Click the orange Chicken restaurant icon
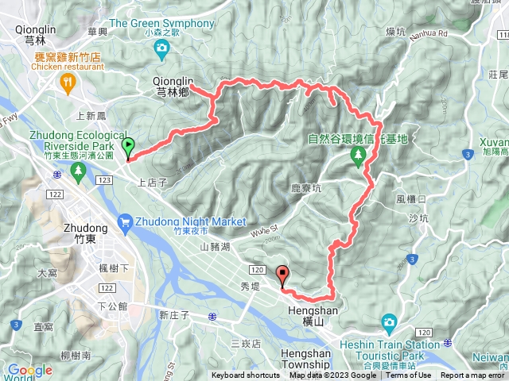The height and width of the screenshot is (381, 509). click(x=71, y=81)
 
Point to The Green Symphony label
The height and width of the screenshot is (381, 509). click(x=161, y=24)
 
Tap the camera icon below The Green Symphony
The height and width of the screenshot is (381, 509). click(x=162, y=50)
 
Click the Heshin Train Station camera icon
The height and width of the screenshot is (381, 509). click(x=389, y=322)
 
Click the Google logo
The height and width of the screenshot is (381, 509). click(x=30, y=370)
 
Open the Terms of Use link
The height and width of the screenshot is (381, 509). click(x=409, y=375)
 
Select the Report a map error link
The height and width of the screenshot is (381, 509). click(x=472, y=375)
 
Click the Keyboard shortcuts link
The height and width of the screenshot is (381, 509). click(x=246, y=375)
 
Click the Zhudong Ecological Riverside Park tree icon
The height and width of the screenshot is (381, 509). click(x=77, y=171)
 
